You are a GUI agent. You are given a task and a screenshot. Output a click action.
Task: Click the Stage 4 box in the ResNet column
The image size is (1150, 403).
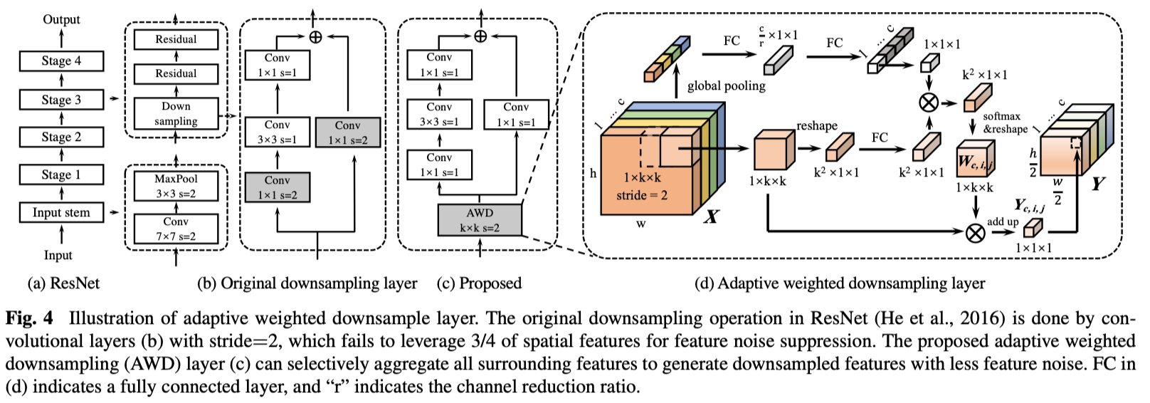coord(61,61)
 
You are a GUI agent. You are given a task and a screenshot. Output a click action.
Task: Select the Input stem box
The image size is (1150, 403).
coord(61,212)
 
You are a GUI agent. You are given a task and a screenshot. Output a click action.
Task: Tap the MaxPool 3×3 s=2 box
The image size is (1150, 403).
coord(176,187)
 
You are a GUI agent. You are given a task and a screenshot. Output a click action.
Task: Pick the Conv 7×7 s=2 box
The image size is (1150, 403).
coord(176,229)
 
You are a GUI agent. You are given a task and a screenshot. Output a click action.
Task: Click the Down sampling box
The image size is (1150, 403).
coord(176,114)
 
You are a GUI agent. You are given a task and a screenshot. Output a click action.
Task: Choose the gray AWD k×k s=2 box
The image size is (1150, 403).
coord(480,220)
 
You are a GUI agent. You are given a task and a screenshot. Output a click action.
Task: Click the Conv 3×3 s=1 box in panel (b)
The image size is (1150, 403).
coord(277,132)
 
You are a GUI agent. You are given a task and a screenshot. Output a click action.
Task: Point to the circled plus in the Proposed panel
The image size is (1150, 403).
coord(480,36)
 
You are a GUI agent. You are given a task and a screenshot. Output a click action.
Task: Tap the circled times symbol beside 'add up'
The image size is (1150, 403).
coord(975,232)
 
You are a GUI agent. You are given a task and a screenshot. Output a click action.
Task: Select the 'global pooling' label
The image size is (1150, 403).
coord(726,86)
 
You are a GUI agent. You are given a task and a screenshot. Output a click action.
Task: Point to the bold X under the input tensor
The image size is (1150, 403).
coord(711,216)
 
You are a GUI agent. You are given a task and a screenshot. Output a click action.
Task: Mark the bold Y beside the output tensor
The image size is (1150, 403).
coord(1099,184)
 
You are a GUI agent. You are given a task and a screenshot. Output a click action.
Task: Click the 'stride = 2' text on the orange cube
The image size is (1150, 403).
coord(642,195)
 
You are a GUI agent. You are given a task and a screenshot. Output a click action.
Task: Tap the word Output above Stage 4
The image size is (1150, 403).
coord(61,19)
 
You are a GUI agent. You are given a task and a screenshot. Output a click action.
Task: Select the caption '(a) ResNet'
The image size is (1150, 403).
coord(63,283)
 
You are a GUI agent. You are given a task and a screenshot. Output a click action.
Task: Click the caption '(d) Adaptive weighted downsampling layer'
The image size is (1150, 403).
coord(840,283)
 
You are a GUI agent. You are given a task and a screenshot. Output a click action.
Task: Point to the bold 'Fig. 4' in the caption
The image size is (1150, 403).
coord(29,318)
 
